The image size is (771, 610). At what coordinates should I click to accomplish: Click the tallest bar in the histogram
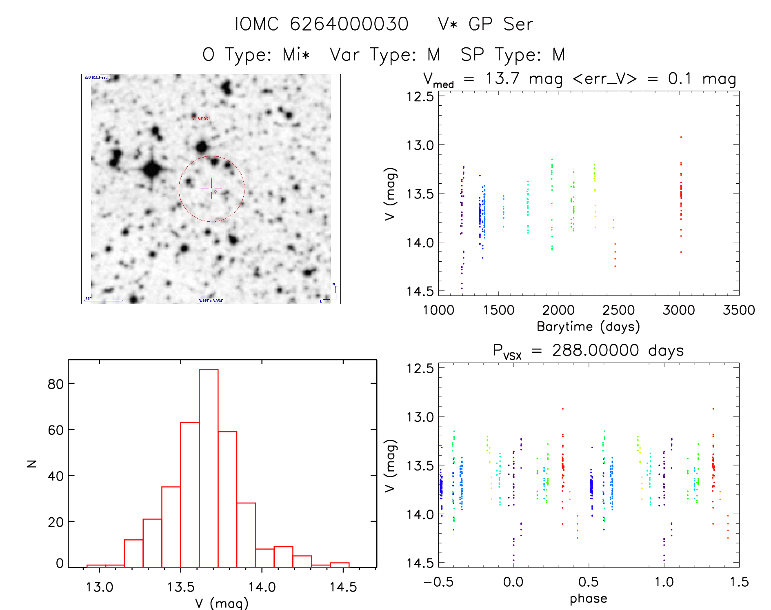tap(209, 468)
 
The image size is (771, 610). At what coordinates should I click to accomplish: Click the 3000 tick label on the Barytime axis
tap(678, 310)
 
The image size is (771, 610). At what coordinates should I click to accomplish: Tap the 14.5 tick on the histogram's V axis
tap(343, 587)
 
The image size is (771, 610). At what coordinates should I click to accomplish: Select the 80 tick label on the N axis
tap(56, 384)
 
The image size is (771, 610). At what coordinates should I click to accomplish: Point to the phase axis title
tap(588, 599)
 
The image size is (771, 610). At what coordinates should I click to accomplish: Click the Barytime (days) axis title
tap(588, 327)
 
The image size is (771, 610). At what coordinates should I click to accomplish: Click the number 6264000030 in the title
tap(349, 24)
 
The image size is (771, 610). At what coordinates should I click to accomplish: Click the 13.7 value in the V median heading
tap(502, 78)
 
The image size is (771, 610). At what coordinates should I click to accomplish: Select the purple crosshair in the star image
tap(211, 189)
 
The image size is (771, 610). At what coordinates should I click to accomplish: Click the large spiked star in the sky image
tap(152, 169)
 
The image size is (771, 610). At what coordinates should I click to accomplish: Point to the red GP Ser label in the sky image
tap(201, 118)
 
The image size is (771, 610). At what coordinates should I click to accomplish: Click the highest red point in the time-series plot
tap(681, 137)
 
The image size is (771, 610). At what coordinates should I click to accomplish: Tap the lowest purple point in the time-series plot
tap(462, 289)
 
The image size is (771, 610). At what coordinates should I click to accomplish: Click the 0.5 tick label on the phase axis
tap(588, 582)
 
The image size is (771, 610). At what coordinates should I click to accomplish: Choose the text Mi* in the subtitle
tap(296, 55)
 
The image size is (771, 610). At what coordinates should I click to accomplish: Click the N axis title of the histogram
tap(32, 464)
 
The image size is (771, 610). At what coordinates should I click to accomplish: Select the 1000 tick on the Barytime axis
tap(438, 310)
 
